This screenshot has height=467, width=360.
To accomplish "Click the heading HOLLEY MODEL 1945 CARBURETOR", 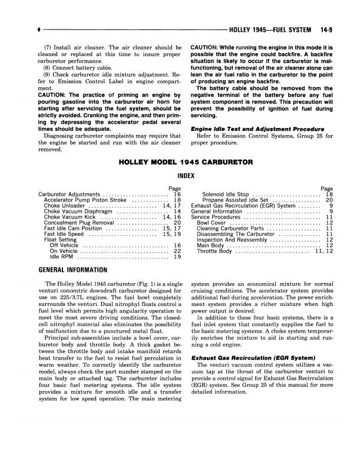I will (x=186, y=161).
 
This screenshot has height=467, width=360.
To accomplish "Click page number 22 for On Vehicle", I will (x=177, y=251).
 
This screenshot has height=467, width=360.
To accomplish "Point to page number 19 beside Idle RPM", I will (x=177, y=257).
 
